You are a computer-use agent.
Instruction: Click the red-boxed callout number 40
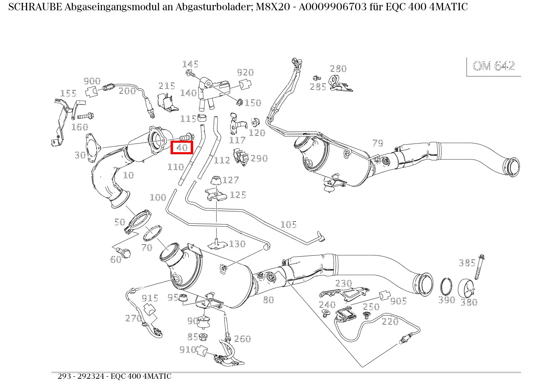point(182,147)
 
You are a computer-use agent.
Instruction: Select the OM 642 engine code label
point(493,66)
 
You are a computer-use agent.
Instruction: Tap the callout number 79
point(377,143)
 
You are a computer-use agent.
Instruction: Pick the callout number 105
point(288,225)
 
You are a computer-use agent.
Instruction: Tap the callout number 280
point(338,69)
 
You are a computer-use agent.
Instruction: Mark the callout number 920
point(245,73)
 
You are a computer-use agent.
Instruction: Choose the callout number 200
point(127,91)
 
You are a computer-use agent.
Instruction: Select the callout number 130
point(237,244)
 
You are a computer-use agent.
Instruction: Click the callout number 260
point(242,339)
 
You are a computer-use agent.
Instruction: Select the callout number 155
point(68,93)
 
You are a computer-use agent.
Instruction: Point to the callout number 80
point(268,300)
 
